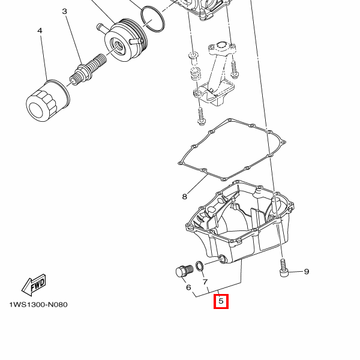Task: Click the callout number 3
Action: (65, 11)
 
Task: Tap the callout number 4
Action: (40, 31)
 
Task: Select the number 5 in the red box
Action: (221, 301)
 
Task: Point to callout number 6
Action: (188, 287)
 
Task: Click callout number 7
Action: (205, 281)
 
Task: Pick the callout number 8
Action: (185, 197)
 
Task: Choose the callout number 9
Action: (307, 272)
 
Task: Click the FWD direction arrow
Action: (34, 284)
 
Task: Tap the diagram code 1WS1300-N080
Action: (38, 305)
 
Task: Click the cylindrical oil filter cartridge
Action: (48, 101)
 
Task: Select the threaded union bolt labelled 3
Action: (88, 69)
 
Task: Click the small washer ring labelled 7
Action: (199, 266)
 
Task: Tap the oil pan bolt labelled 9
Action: (284, 268)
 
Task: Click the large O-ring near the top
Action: (152, 19)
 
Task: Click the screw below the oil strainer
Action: (201, 116)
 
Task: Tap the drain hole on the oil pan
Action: (223, 259)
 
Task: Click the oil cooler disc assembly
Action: (125, 40)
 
